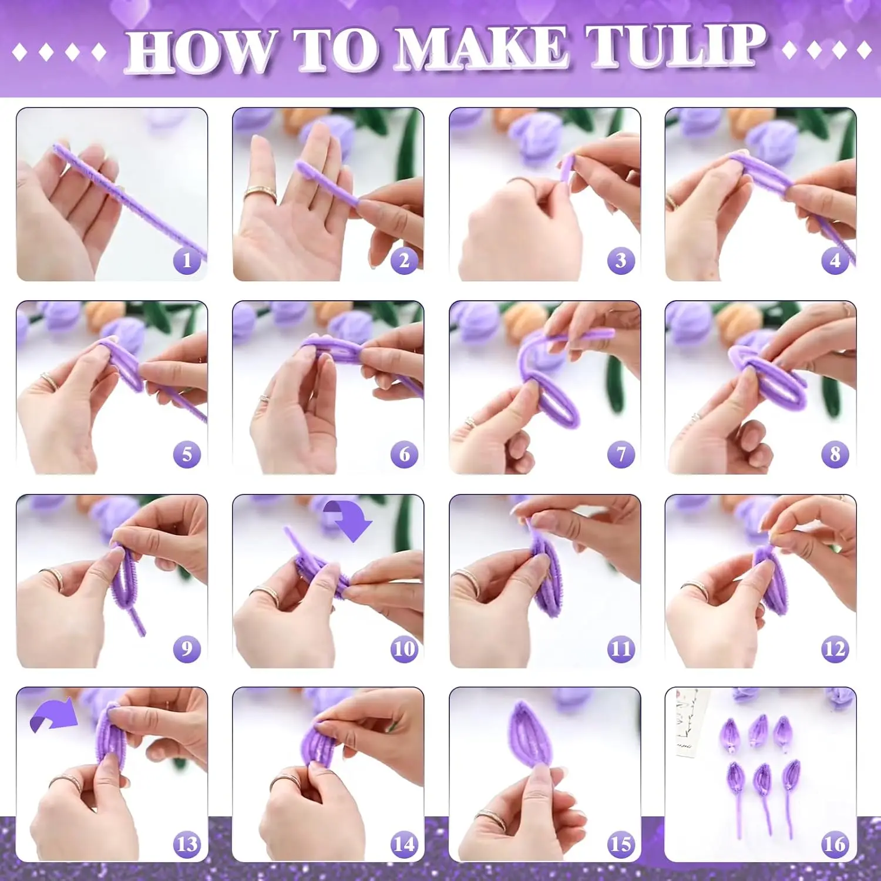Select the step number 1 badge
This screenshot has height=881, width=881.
click(187, 260)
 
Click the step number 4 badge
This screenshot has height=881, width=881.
click(835, 260)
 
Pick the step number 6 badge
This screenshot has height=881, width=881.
click(404, 454)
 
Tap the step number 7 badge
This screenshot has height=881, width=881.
click(621, 454)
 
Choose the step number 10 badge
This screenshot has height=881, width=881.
click(404, 648)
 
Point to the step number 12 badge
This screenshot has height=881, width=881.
click(835, 648)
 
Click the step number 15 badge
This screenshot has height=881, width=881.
click(621, 844)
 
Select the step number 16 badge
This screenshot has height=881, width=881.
click(835, 844)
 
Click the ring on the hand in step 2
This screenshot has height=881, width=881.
click(261, 194)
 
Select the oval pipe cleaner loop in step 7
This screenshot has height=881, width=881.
click(557, 402)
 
